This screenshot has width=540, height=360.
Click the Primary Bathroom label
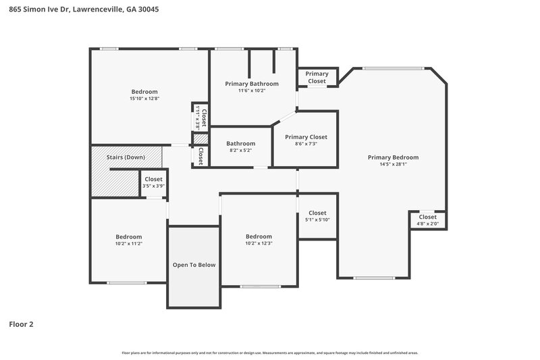pos(251,84)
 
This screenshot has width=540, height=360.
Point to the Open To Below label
pos(194,265)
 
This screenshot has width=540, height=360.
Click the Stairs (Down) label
pos(126,157)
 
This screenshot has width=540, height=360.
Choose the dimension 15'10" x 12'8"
pos(144,99)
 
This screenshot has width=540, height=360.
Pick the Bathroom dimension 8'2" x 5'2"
pos(240,151)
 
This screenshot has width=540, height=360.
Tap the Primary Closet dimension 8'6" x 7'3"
pos(306,143)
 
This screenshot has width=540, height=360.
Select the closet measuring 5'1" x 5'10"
pos(317,220)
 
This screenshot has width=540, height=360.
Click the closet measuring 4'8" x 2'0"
pos(427,224)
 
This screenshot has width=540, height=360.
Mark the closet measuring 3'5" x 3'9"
pos(153,186)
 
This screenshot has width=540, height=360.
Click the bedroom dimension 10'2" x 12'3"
pos(259,243)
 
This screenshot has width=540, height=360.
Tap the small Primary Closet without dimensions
pos(317,77)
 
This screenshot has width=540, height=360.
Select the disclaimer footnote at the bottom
pos(269,353)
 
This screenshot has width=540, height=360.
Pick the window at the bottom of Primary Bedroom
pos(373,278)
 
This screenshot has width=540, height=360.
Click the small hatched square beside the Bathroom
pos(200,139)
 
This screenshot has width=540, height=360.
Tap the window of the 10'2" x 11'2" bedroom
pos(126,282)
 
